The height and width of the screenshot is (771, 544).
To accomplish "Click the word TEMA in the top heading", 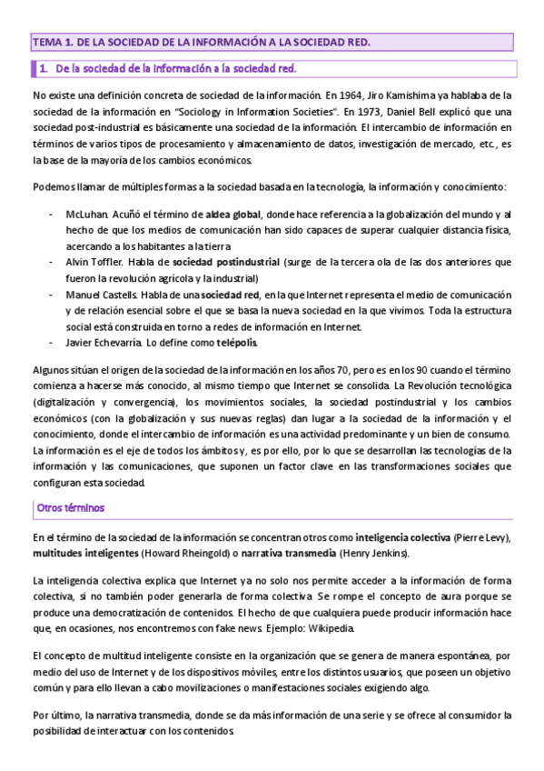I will [45, 43].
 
